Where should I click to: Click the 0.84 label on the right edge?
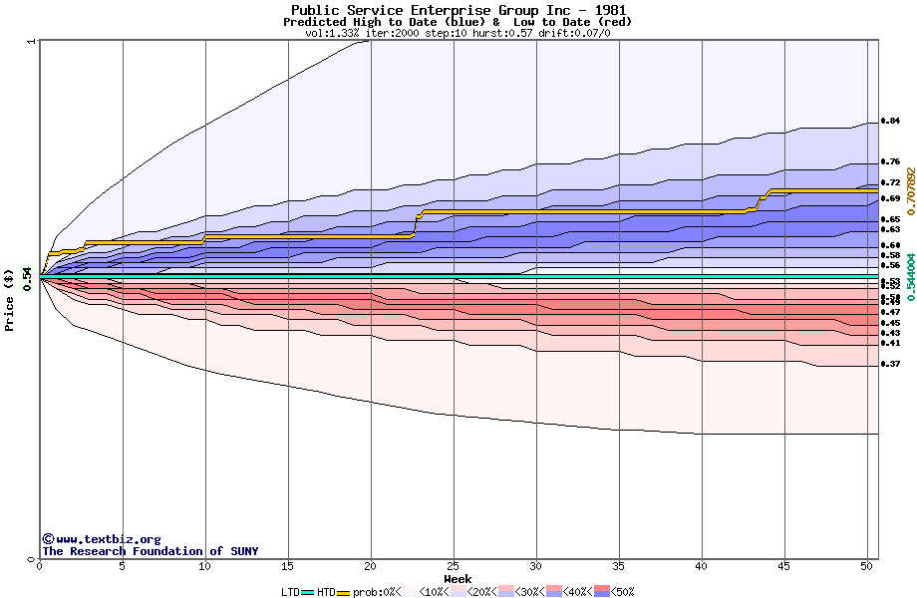[890, 121]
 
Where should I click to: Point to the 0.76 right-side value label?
[890, 161]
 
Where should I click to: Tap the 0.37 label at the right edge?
[890, 365]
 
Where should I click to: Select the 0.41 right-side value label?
[890, 344]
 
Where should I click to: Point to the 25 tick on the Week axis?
[454, 566]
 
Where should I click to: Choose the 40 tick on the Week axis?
[702, 566]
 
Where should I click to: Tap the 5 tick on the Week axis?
[122, 566]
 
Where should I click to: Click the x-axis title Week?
[458, 579]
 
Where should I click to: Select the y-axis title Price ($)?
[9, 299]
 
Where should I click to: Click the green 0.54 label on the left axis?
[28, 276]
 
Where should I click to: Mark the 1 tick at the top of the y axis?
[33, 42]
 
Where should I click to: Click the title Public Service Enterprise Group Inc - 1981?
[458, 11]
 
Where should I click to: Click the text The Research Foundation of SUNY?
[150, 551]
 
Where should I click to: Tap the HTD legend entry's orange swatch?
[345, 592]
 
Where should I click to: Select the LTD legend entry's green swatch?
[307, 592]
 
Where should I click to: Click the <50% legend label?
[623, 592]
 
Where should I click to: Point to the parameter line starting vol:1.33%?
[458, 33]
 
